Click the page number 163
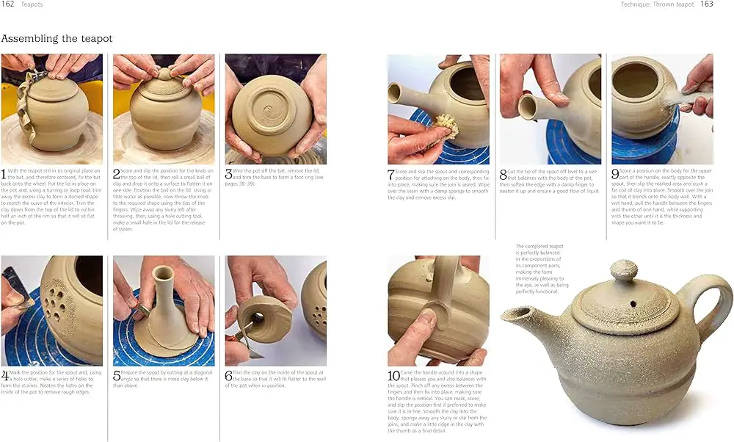pyautogui.click(x=706, y=4)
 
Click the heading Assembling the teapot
pyautogui.click(x=57, y=38)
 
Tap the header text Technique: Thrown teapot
pyautogui.click(x=657, y=4)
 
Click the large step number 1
pyautogui.click(x=4, y=175)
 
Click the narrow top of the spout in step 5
pyautogui.click(x=164, y=274)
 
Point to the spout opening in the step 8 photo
pyautogui.click(x=527, y=107)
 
